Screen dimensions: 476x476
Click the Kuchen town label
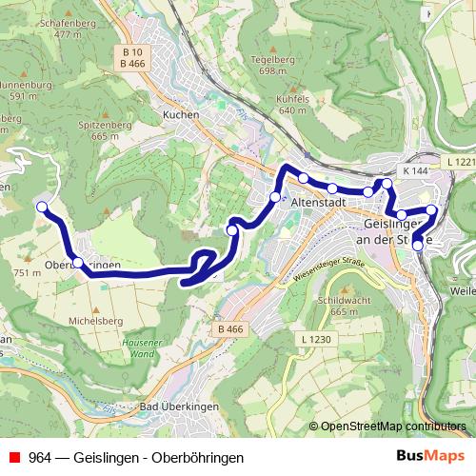point(180,114)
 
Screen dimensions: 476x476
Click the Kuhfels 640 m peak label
point(295,103)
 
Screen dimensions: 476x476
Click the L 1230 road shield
point(313,340)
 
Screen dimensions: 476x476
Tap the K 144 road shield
point(415,170)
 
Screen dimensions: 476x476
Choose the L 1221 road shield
point(459,164)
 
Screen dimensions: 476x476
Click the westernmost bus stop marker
point(41,207)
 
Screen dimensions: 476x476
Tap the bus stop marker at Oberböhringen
point(78,262)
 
